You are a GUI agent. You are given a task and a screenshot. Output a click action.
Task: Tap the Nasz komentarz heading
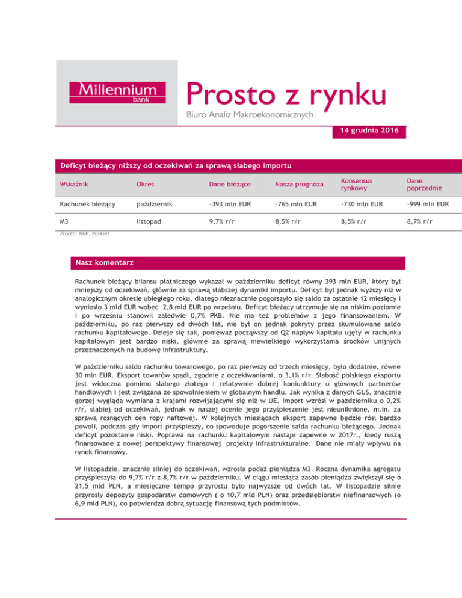[x=104, y=263]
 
